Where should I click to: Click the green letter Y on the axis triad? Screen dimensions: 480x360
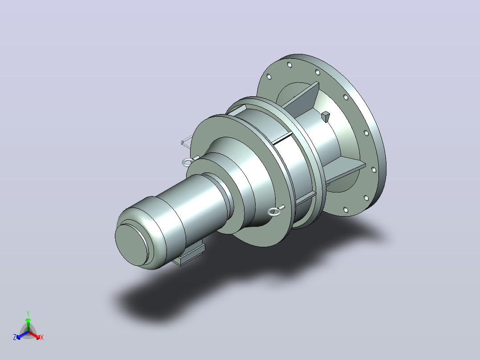pos(28,313)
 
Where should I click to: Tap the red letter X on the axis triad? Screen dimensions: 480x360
pos(42,338)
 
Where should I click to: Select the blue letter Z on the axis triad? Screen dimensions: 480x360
pos(15,337)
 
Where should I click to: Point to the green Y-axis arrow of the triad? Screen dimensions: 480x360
pos(28,324)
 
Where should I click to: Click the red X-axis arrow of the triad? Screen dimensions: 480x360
pos(34,335)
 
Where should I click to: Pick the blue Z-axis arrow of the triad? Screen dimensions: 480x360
pos(22,335)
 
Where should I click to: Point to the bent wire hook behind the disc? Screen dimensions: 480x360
pos(187,142)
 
